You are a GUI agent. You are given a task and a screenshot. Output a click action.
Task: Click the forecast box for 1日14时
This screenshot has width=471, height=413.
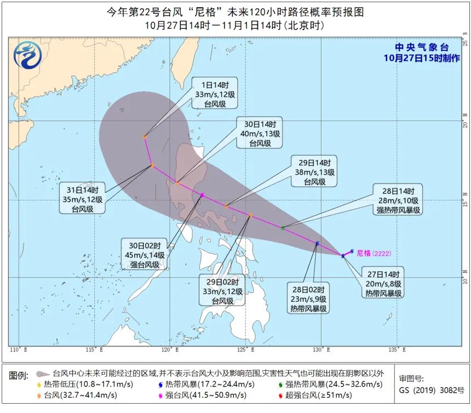215,94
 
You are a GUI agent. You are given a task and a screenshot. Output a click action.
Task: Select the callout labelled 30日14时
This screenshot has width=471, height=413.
260,133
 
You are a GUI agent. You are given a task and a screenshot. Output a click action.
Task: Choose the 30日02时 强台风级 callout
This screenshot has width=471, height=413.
144,255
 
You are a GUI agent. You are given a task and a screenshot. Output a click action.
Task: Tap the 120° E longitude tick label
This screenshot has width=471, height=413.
170,349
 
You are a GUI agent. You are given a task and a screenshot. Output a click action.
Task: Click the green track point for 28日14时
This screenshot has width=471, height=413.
283,228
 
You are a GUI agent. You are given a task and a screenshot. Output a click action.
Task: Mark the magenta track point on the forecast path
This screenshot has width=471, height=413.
202,195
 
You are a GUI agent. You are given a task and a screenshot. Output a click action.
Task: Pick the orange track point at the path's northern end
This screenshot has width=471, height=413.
145,137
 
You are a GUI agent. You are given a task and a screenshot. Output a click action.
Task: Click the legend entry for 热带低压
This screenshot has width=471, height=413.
79,384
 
